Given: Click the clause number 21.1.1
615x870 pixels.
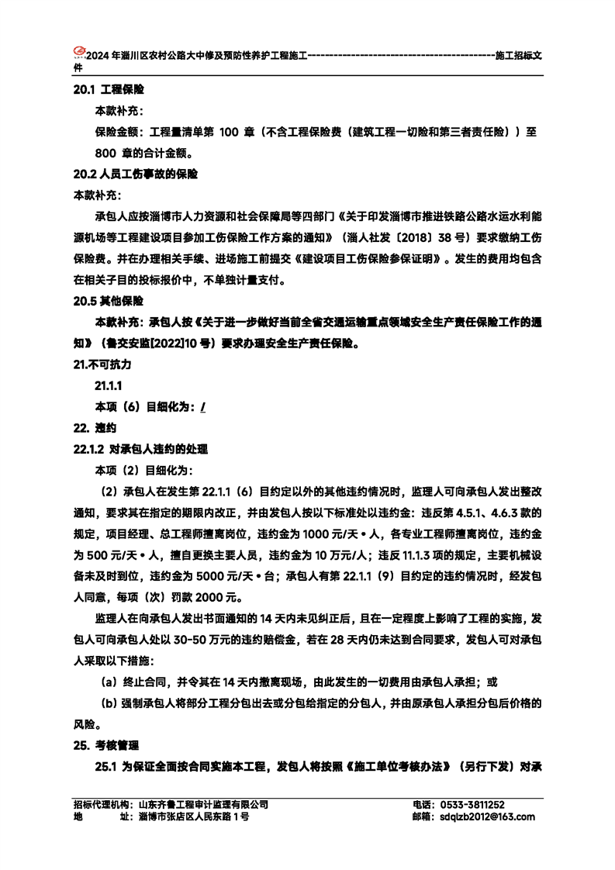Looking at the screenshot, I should tap(109, 385).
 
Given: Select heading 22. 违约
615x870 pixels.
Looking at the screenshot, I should tap(94, 427).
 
